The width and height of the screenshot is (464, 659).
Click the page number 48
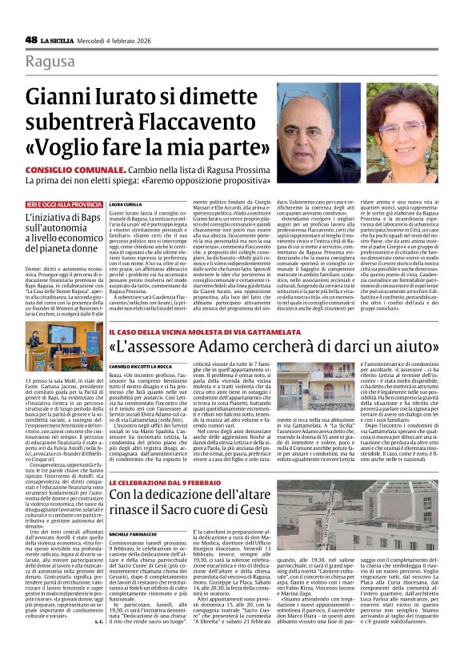(x=31, y=39)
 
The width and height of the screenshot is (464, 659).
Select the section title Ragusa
(x=50, y=62)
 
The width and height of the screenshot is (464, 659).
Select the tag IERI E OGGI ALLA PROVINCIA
(x=63, y=204)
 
